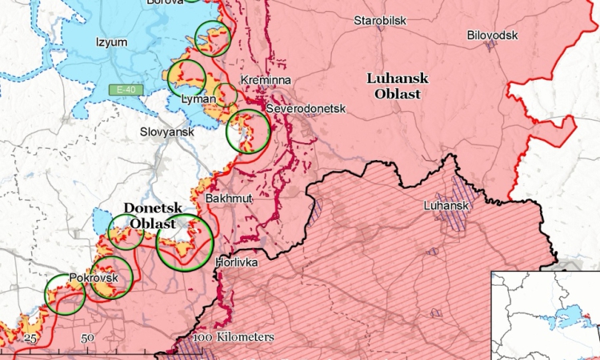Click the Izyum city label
click(x=111, y=42)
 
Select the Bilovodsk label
click(x=493, y=35)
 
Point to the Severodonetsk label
click(x=295, y=108)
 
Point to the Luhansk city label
click(x=444, y=206)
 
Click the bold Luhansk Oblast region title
click(x=398, y=86)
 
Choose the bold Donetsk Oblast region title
click(x=150, y=216)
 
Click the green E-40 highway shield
click(x=125, y=90)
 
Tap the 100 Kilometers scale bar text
click(x=234, y=338)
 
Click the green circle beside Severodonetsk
click(x=247, y=131)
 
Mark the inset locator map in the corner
click(x=545, y=315)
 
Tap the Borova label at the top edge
click(x=164, y=2)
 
